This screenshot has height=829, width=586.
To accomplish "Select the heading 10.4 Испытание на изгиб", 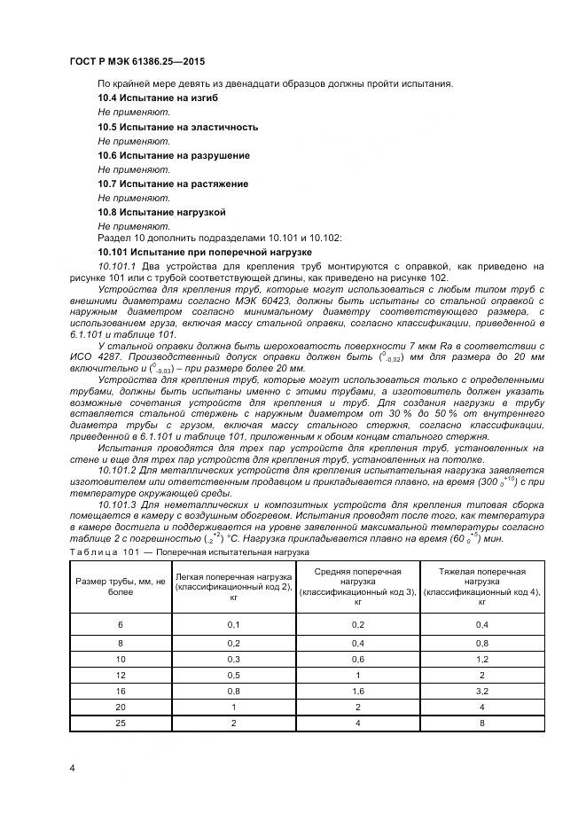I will pyautogui.click(x=157, y=98).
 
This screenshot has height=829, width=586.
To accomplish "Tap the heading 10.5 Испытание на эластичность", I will pyautogui.click(x=177, y=127).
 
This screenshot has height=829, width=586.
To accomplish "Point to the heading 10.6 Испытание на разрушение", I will pyautogui.click(x=173, y=155).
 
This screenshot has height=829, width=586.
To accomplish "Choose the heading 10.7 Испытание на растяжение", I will pyautogui.click(x=172, y=184).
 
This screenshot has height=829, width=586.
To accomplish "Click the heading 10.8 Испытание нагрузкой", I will pyautogui.click(x=161, y=213).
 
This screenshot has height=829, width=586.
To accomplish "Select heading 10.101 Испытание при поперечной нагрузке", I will pyautogui.click(x=204, y=252).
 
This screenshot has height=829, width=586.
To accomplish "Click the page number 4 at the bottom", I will pyautogui.click(x=71, y=768).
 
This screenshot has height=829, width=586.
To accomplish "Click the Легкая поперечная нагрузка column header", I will pyautogui.click(x=233, y=588).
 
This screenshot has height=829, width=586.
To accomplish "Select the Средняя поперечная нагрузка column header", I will pyautogui.click(x=358, y=588).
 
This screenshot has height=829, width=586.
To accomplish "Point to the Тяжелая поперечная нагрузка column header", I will pyautogui.click(x=481, y=588).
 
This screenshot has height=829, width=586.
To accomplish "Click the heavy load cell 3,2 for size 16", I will pyautogui.click(x=481, y=692).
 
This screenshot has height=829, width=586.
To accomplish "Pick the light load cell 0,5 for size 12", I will pyautogui.click(x=233, y=675).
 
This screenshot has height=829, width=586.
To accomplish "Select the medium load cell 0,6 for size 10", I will pyautogui.click(x=358, y=659).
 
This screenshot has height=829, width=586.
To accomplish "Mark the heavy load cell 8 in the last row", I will pyautogui.click(x=481, y=723).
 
